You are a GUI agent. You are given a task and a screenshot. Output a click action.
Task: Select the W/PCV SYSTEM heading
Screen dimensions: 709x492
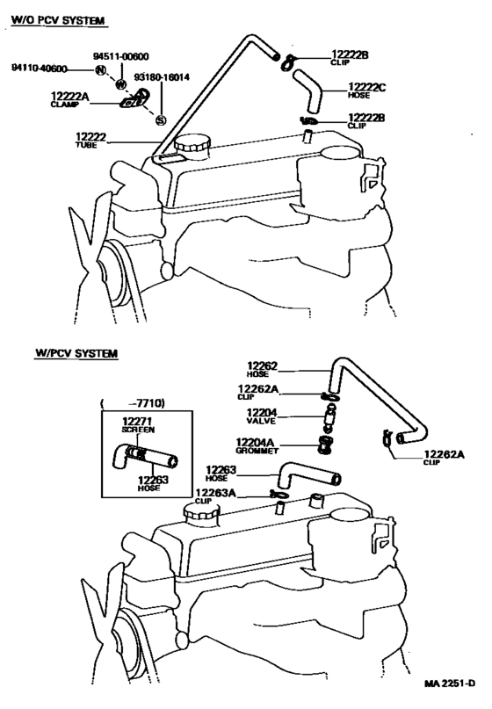tap(76, 354)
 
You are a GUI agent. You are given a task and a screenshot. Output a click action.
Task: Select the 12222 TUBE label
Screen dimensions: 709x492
tap(92, 139)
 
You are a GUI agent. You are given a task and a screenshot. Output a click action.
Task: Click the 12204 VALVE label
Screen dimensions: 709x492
tap(261, 416)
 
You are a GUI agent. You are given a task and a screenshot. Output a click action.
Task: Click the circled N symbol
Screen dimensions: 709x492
tap(101, 69)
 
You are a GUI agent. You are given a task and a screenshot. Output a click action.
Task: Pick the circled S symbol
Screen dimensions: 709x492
tap(161, 121)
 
